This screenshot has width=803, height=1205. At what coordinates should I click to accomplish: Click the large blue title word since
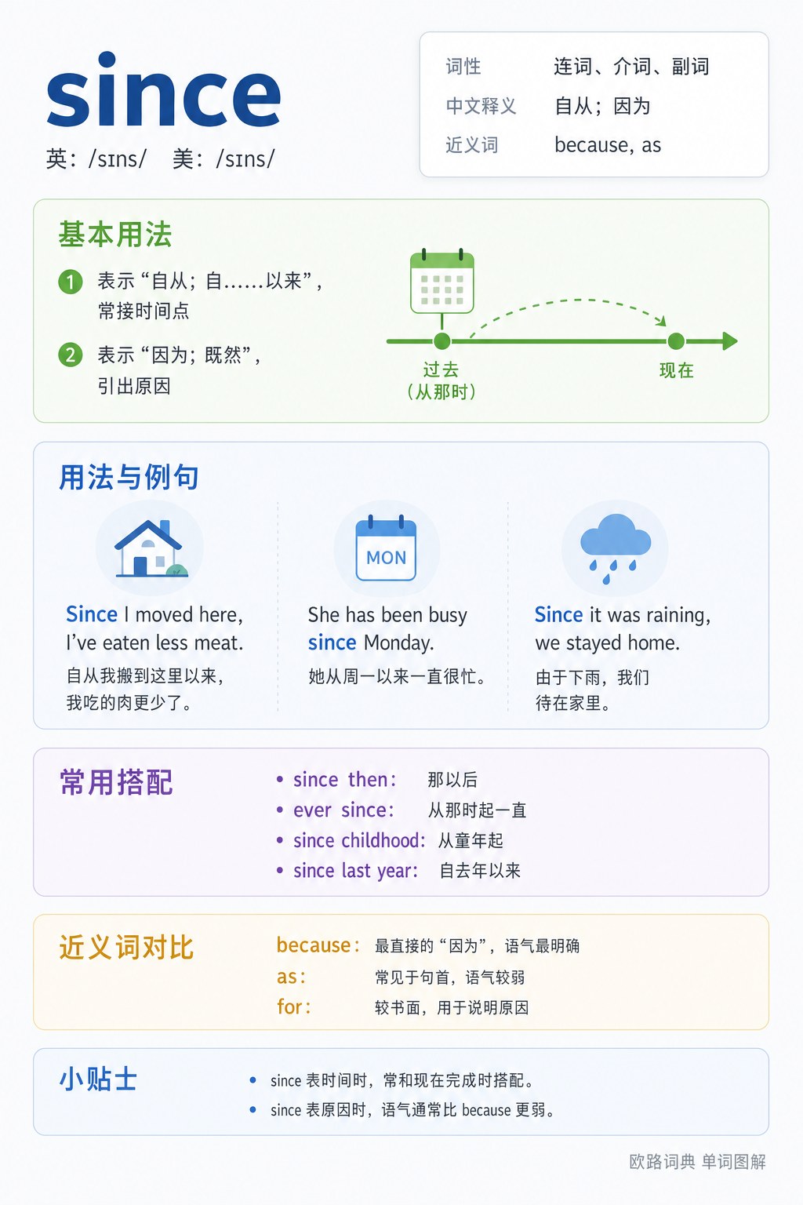tap(164, 89)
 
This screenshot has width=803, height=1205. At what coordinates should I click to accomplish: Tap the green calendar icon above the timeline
tap(442, 282)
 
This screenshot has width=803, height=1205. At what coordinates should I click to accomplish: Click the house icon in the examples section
tap(151, 548)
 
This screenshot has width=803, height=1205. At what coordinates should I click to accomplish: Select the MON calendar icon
tap(386, 548)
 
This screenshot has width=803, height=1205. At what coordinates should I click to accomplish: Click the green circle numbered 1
tap(71, 282)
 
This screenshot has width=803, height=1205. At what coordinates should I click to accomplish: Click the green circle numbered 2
tap(71, 355)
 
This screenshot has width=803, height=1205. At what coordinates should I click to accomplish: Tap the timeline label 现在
tap(677, 370)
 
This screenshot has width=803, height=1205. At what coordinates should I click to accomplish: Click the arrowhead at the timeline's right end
tap(730, 341)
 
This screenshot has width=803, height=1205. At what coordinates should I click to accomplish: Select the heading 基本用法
tap(115, 235)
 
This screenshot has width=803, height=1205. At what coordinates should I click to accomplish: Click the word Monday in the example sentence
tap(398, 643)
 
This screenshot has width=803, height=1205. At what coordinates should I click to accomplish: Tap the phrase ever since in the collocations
tap(343, 810)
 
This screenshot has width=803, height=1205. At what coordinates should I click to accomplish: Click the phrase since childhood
tap(358, 840)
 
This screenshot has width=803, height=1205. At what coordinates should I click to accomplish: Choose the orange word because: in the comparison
tap(318, 945)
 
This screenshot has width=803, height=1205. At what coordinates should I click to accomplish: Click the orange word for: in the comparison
tap(293, 1007)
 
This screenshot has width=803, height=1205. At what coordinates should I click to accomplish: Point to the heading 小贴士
tap(99, 1079)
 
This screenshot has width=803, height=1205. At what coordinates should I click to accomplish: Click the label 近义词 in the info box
tap(472, 144)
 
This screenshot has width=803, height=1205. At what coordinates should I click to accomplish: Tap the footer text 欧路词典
tap(662, 1161)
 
